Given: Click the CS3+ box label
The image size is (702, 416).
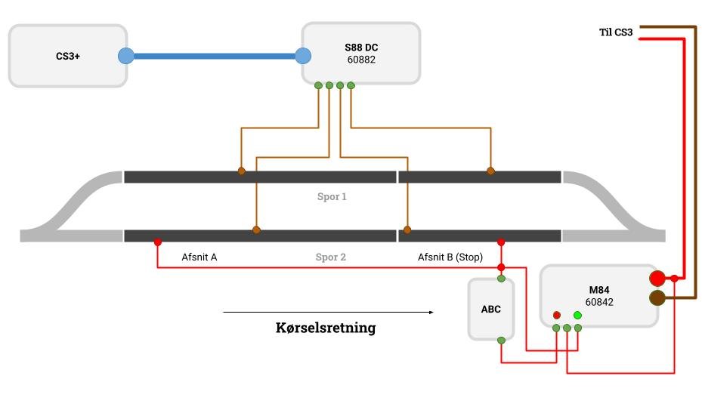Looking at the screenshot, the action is [x=68, y=57].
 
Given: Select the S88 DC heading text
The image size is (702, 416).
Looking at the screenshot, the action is [x=361, y=48].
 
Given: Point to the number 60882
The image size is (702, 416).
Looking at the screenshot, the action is [x=361, y=60].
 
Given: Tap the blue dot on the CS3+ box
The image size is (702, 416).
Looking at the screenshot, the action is [x=125, y=56].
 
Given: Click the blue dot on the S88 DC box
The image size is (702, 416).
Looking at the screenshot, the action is [x=303, y=56].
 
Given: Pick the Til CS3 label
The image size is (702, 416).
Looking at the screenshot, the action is [x=616, y=32].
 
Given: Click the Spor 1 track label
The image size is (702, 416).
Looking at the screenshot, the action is [x=332, y=197].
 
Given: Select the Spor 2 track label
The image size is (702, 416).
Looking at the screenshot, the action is [x=331, y=257].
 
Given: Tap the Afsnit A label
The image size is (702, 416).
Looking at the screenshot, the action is [x=199, y=257].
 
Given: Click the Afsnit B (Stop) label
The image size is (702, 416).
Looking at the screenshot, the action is [x=450, y=257].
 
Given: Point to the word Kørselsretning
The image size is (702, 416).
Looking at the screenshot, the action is [x=326, y=328].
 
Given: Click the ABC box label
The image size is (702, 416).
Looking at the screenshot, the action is [x=490, y=310].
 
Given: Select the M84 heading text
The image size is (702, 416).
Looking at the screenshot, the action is [x=599, y=290].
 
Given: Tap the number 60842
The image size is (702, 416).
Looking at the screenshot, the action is [x=599, y=302].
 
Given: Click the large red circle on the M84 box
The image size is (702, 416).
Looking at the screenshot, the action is [x=657, y=279].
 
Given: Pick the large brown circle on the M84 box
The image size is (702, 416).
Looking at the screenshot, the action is [x=657, y=298].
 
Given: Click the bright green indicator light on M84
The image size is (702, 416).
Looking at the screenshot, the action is [x=577, y=316].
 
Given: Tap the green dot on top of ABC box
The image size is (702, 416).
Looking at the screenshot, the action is [x=502, y=279].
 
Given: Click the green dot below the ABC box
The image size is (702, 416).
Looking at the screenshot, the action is [x=502, y=341].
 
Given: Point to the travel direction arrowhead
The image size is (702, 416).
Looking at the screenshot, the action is [x=431, y=313].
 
